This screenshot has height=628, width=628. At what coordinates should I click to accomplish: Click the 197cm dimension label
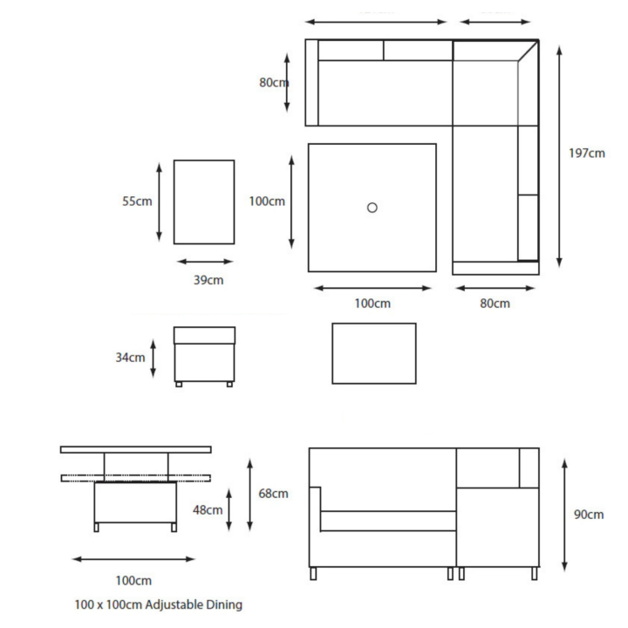click(x=587, y=153)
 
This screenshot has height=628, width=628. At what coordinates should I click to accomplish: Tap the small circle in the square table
click(x=372, y=208)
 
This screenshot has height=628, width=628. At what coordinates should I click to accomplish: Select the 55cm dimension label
click(x=137, y=201)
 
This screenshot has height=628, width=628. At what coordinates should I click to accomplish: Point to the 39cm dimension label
click(x=208, y=280)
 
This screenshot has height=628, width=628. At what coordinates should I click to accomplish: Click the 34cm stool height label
click(x=130, y=358)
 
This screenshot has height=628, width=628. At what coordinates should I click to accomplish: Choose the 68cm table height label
click(x=273, y=494)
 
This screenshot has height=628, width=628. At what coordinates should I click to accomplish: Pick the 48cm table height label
click(x=208, y=510)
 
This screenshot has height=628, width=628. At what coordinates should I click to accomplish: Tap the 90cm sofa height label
click(x=589, y=515)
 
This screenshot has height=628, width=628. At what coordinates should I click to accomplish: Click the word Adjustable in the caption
click(x=174, y=604)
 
